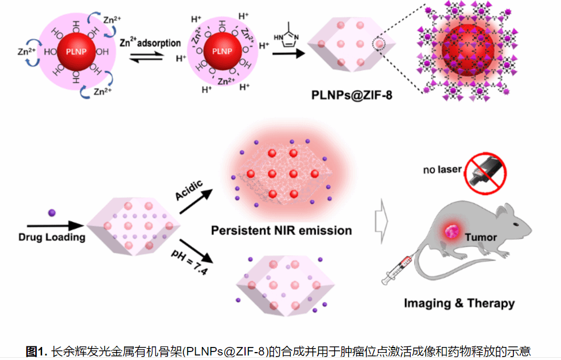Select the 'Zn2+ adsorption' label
click(150, 43)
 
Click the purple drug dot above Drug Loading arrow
click(51, 213)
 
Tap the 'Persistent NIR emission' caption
click(281, 231)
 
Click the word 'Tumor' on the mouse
click(480, 237)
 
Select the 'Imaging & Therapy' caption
click(459, 303)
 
